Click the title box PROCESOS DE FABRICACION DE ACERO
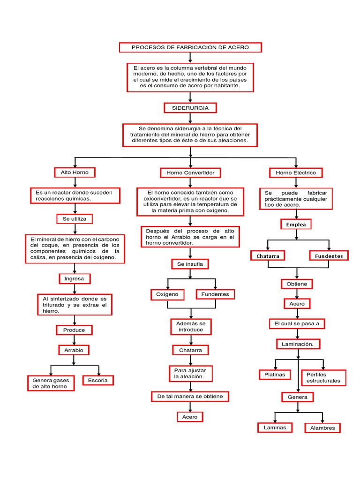[x=190, y=47]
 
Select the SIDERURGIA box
[x=190, y=108]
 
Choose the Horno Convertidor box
[x=190, y=173]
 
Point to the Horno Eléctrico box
[x=296, y=173]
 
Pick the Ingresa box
[x=75, y=278]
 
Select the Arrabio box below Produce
[x=74, y=350]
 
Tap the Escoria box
[x=97, y=380]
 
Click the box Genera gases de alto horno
[x=50, y=383]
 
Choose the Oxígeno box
[x=167, y=294]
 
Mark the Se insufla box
[x=190, y=264]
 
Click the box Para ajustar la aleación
[x=190, y=374]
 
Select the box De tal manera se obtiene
[x=190, y=397]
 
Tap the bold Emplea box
[x=296, y=225]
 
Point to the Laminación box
[x=298, y=344]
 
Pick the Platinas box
[x=275, y=375]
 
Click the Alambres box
[x=322, y=428]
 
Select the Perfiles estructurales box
[x=323, y=377]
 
